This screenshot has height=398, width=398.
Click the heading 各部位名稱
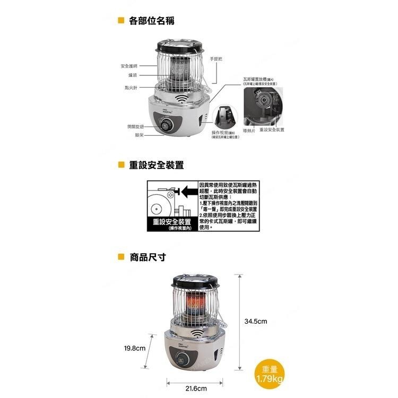[x=151, y=21]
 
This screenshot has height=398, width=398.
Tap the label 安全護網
[x=129, y=66]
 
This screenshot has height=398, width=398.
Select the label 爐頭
[x=133, y=75]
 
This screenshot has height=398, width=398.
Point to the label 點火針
[x=131, y=86]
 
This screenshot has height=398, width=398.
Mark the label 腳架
[x=133, y=135]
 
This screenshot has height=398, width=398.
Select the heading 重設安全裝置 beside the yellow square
[x=157, y=165]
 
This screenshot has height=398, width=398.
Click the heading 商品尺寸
[x=148, y=257]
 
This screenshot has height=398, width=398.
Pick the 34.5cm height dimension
[x=255, y=321]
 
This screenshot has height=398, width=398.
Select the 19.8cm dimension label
[x=134, y=348]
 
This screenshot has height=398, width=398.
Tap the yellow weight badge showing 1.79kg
[x=270, y=375]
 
